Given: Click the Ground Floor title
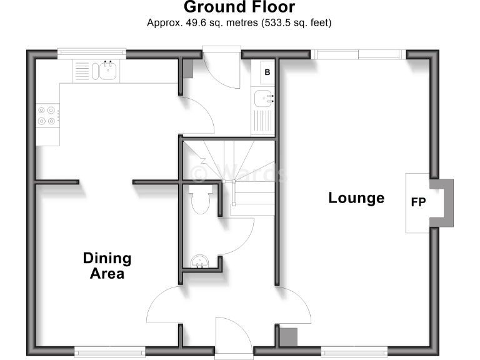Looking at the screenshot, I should pos(239,7).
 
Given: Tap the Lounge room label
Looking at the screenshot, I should pos(356,198).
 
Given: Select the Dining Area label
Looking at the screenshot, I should pos(107,266).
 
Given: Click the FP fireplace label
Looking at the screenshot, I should pos(419,203).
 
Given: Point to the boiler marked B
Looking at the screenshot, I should pos(267,72).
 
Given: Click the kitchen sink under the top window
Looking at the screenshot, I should pos(108,70).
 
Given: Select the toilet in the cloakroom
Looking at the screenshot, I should pos(200,200).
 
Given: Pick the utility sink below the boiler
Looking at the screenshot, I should pos(263,99).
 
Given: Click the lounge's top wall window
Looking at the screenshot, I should pos(359,54).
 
